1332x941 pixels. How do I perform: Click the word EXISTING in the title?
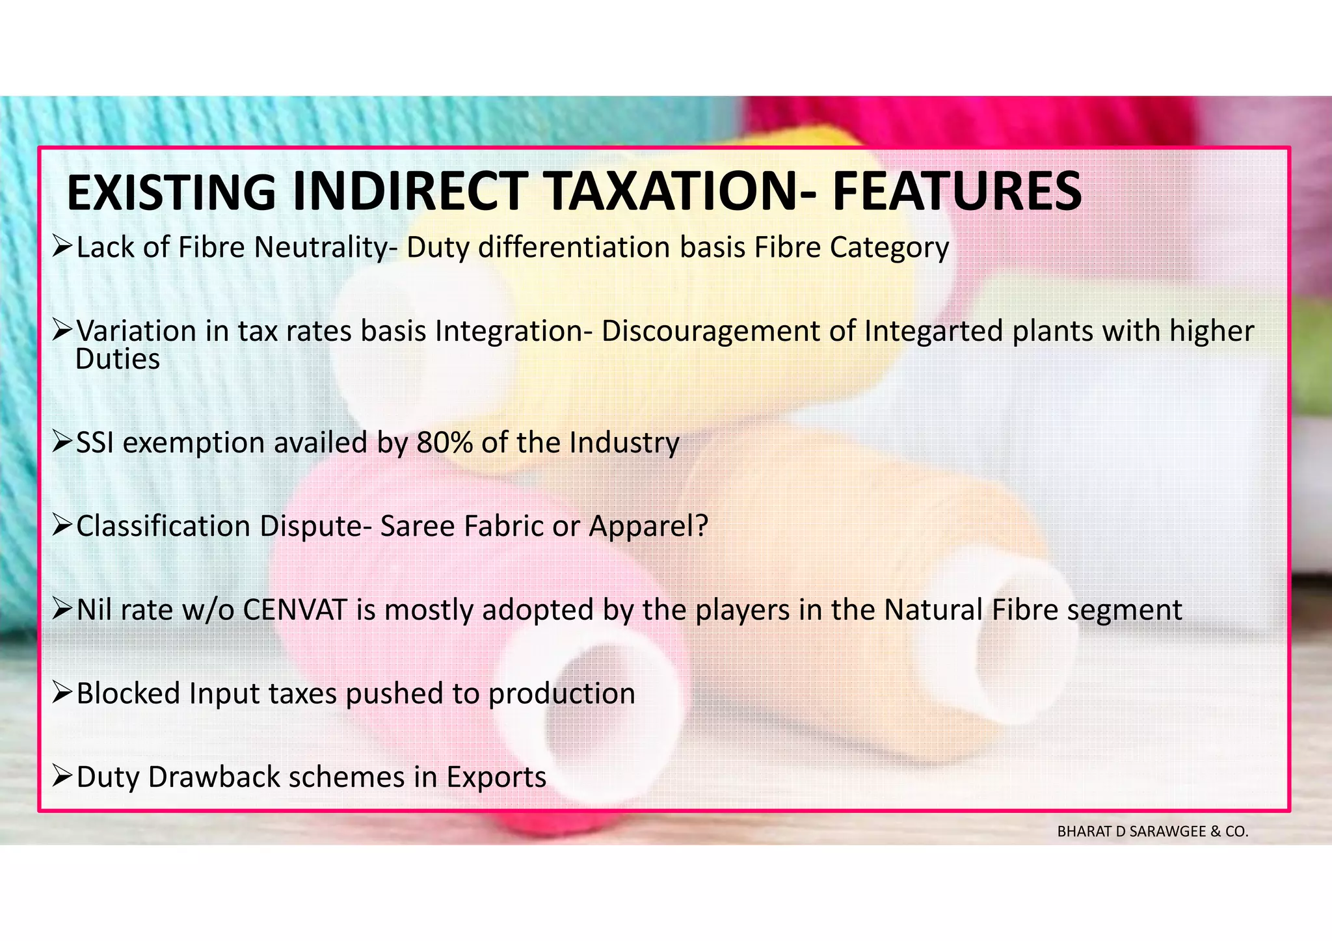170,192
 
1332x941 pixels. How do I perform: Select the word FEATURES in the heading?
957,192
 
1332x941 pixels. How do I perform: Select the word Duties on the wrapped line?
118,359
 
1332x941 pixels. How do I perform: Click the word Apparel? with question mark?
648,526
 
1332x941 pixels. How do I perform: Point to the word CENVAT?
295,610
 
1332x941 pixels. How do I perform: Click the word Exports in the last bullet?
496,778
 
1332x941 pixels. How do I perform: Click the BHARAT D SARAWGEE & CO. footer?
1152,832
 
